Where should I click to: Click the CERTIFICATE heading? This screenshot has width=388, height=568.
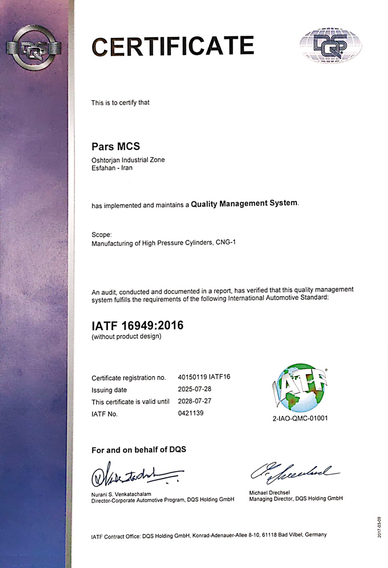(x=173, y=46)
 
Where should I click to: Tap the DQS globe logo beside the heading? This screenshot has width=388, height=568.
(x=331, y=46)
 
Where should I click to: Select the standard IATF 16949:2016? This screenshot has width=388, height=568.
(x=137, y=326)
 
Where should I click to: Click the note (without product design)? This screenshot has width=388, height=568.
(x=126, y=336)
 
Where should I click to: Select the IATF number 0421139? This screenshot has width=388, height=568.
(x=191, y=413)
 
